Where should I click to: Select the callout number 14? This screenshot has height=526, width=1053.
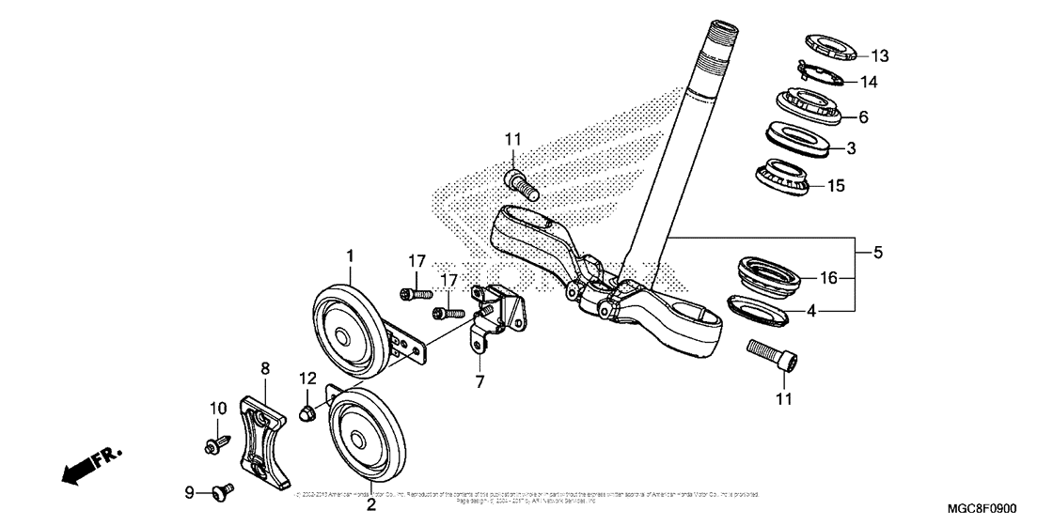[x=868, y=82]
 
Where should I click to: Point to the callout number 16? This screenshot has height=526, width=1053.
[x=828, y=278]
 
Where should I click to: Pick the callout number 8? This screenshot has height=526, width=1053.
[x=265, y=368]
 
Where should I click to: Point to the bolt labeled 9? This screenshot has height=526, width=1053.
[x=224, y=488]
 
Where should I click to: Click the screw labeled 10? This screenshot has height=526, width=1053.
[x=212, y=441]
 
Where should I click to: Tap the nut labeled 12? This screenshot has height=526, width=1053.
[x=307, y=412]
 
